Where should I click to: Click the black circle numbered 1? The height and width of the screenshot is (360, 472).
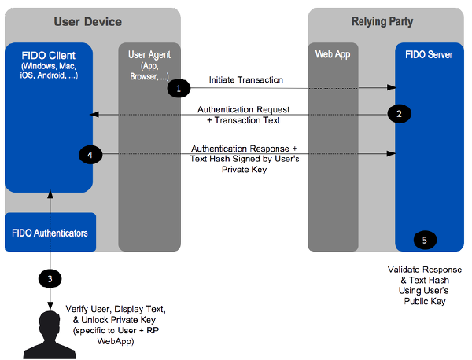click(x=179, y=88)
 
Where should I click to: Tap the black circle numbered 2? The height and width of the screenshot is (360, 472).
click(x=399, y=114)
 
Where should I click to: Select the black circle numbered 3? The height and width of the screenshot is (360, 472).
click(x=50, y=279)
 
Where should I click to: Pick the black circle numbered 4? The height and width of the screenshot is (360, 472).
click(x=90, y=155)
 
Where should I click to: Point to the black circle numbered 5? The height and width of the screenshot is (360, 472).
click(x=425, y=240)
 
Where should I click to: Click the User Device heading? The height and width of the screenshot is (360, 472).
click(x=87, y=22)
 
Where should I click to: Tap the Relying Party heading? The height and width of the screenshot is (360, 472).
click(x=382, y=21)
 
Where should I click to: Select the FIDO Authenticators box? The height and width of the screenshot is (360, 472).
click(x=50, y=232)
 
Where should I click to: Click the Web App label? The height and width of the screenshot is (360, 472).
click(x=333, y=54)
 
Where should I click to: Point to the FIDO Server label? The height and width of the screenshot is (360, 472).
click(x=429, y=54)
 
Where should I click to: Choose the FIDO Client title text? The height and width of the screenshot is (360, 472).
click(x=49, y=55)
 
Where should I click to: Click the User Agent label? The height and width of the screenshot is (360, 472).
click(x=149, y=55)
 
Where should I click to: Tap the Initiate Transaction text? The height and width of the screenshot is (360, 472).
click(x=246, y=79)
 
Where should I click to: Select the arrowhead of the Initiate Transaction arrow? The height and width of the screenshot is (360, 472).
click(x=392, y=87)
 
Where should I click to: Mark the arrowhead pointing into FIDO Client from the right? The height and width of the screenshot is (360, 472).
click(x=94, y=114)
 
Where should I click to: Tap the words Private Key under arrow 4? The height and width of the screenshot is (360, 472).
click(x=244, y=170)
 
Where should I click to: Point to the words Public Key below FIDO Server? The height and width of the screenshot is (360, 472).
click(x=425, y=301)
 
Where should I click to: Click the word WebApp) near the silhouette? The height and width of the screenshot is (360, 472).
click(x=116, y=341)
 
